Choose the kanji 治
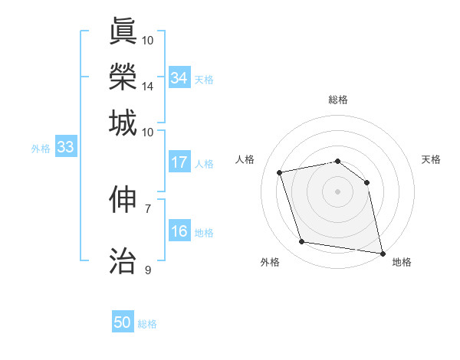click(x=123, y=260)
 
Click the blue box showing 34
click(x=179, y=77)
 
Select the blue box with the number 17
click(x=179, y=162)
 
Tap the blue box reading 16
click(x=179, y=231)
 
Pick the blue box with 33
click(x=65, y=148)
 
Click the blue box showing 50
click(x=123, y=322)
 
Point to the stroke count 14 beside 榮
click(x=148, y=86)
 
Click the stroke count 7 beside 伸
click(x=148, y=208)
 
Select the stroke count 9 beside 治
click(x=148, y=270)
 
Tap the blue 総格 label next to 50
click(x=147, y=324)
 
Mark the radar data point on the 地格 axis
click(x=381, y=253)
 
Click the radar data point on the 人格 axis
click(x=280, y=172)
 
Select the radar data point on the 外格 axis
click(x=302, y=242)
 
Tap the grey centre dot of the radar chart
click(x=337, y=191)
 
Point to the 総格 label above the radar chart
click(x=338, y=100)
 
